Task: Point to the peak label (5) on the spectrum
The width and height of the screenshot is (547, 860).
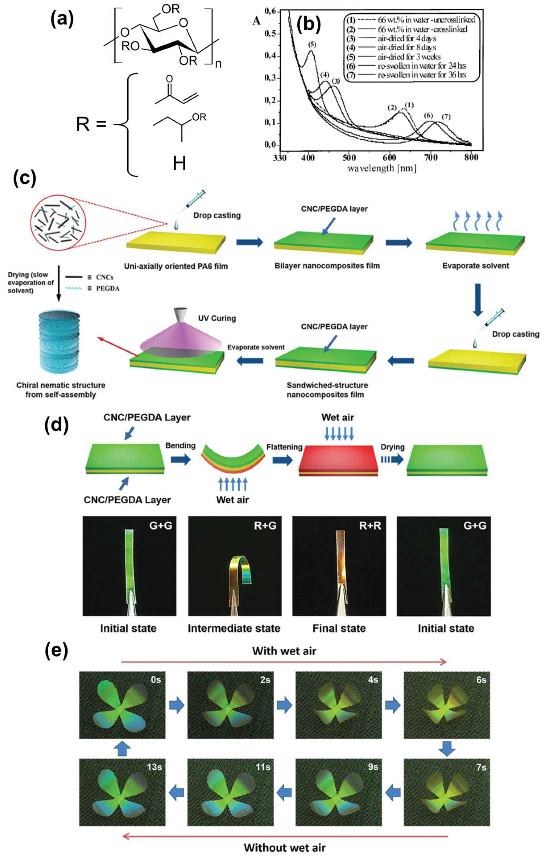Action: pyautogui.click(x=312, y=45)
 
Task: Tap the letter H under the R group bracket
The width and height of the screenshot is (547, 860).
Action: pyautogui.click(x=179, y=164)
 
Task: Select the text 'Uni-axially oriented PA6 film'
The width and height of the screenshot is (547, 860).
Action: pyautogui.click(x=176, y=266)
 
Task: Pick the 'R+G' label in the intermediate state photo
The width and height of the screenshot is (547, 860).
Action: pyautogui.click(x=265, y=525)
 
